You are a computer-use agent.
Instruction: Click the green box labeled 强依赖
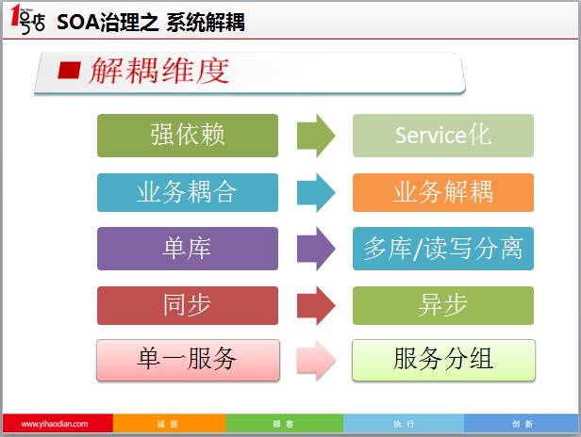click(188, 136)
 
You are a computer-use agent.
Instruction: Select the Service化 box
click(442, 136)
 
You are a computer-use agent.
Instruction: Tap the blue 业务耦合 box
click(188, 192)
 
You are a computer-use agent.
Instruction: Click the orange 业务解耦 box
click(442, 192)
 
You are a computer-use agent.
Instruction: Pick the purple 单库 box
click(188, 249)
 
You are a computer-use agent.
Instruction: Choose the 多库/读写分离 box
click(442, 249)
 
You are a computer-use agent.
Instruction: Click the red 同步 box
click(188, 305)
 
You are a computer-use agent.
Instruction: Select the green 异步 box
click(442, 305)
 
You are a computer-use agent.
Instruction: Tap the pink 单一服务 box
click(188, 360)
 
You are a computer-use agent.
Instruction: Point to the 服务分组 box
click(442, 360)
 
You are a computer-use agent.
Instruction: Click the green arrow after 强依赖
click(316, 136)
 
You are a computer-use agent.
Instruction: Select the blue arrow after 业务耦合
click(316, 192)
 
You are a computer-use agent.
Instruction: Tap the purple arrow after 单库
click(316, 249)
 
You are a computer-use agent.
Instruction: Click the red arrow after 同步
click(316, 305)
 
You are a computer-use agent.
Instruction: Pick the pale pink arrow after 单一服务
click(316, 360)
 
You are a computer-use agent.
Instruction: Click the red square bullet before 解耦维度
click(69, 71)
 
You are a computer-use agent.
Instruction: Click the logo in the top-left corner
click(25, 21)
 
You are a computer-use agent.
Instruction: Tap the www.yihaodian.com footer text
click(55, 425)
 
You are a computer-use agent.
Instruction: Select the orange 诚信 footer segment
click(167, 425)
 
